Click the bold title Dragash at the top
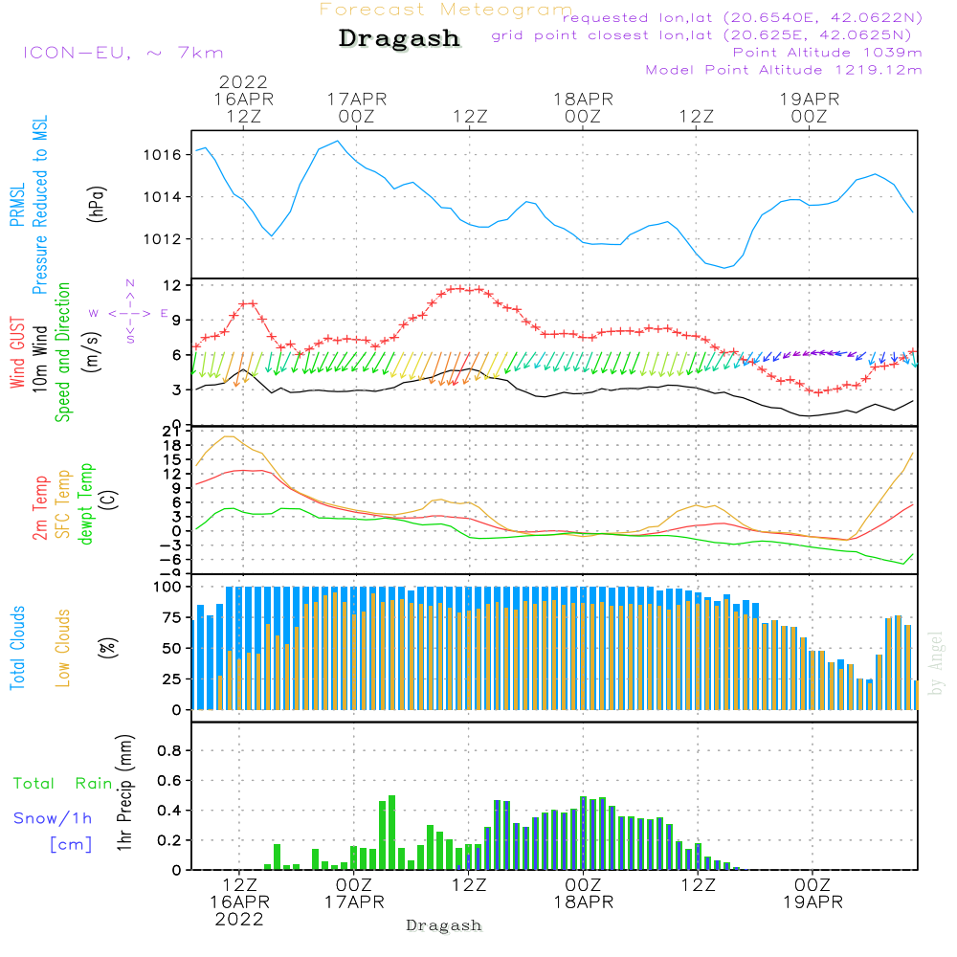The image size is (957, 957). (399, 38)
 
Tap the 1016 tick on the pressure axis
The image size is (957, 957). (161, 155)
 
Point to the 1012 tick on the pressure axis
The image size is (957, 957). (161, 239)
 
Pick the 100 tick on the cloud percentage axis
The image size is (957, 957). (167, 586)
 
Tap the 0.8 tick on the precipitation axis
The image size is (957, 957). (168, 751)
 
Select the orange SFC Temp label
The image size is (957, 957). (62, 504)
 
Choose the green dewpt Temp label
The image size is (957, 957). (86, 504)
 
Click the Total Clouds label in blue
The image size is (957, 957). (18, 648)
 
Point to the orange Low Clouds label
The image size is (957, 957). (63, 648)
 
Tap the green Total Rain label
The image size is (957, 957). (62, 784)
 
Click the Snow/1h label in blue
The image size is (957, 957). (54, 818)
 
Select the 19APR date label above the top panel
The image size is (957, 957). (809, 99)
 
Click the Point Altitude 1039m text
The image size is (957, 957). (827, 53)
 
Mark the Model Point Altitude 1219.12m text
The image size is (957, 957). (784, 70)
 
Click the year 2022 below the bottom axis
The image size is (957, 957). (239, 919)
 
